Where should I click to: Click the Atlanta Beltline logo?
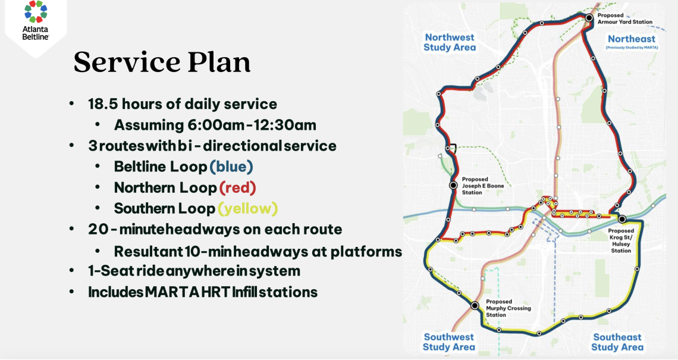(36, 21)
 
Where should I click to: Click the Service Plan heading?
(162, 62)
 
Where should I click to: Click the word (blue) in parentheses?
(231, 167)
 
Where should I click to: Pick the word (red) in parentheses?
(238, 187)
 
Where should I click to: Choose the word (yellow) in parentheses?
(247, 208)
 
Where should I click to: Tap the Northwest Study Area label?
(450, 42)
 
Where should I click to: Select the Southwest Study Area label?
(449, 342)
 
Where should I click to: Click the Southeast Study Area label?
(617, 342)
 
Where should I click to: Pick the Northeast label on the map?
(631, 39)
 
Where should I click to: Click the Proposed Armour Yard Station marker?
(589, 18)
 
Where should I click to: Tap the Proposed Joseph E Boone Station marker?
(453, 185)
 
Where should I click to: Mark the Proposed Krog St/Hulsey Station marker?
(621, 220)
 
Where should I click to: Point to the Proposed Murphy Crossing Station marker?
(475, 305)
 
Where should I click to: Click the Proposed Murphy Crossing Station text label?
(508, 308)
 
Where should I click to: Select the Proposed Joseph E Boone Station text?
(482, 186)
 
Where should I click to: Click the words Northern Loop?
(165, 188)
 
